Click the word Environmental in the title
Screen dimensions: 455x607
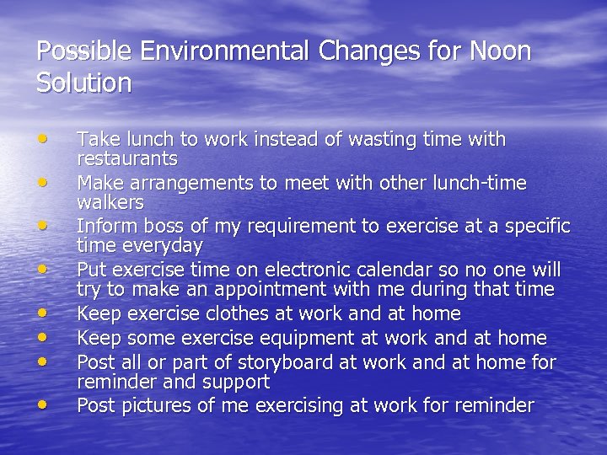tap(225, 51)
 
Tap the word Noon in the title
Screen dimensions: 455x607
tap(498, 51)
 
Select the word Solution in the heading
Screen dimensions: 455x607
tap(84, 83)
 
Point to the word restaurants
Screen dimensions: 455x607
tap(127, 158)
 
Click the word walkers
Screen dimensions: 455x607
tap(110, 203)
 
